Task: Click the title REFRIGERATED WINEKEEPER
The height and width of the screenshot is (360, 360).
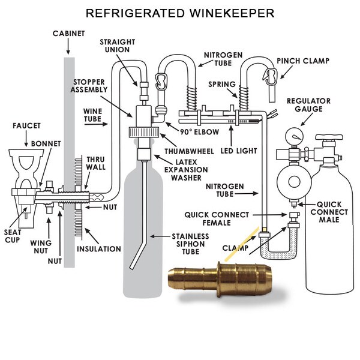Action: pyautogui.click(x=180, y=13)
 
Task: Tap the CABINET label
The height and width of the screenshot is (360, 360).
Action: pyautogui.click(x=68, y=34)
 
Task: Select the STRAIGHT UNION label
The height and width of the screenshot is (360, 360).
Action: pyautogui.click(x=118, y=46)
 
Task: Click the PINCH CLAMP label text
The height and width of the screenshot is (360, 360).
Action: pyautogui.click(x=303, y=61)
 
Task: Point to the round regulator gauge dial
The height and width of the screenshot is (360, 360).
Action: pyautogui.click(x=295, y=136)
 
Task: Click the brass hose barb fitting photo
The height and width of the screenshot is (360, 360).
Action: pyautogui.click(x=220, y=278)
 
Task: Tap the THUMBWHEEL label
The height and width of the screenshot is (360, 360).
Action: pyautogui.click(x=189, y=151)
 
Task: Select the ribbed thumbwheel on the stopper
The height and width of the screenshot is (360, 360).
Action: pyautogui.click(x=144, y=133)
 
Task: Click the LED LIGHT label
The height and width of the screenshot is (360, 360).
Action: pyautogui.click(x=239, y=151)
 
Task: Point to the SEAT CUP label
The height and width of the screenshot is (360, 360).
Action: pyautogui.click(x=13, y=236)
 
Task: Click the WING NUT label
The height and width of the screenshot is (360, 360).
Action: pyautogui.click(x=41, y=247)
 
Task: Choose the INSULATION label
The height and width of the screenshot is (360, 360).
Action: pyautogui.click(x=99, y=249)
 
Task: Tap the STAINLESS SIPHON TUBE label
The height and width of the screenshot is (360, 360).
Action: pyautogui.click(x=190, y=244)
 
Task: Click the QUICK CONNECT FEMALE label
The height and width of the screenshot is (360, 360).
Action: pyautogui.click(x=217, y=219)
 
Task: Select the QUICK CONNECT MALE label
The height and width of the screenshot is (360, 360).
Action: pyautogui.click(x=329, y=212)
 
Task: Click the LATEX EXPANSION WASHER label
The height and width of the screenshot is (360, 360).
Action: pyautogui.click(x=186, y=170)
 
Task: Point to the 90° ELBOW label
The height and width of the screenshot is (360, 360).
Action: pyautogui.click(x=200, y=132)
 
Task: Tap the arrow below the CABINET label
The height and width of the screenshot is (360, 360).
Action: pyautogui.click(x=68, y=47)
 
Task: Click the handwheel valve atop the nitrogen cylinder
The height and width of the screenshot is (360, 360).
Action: pyautogui.click(x=329, y=137)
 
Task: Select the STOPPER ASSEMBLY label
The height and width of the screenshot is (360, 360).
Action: pyautogui.click(x=89, y=86)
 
